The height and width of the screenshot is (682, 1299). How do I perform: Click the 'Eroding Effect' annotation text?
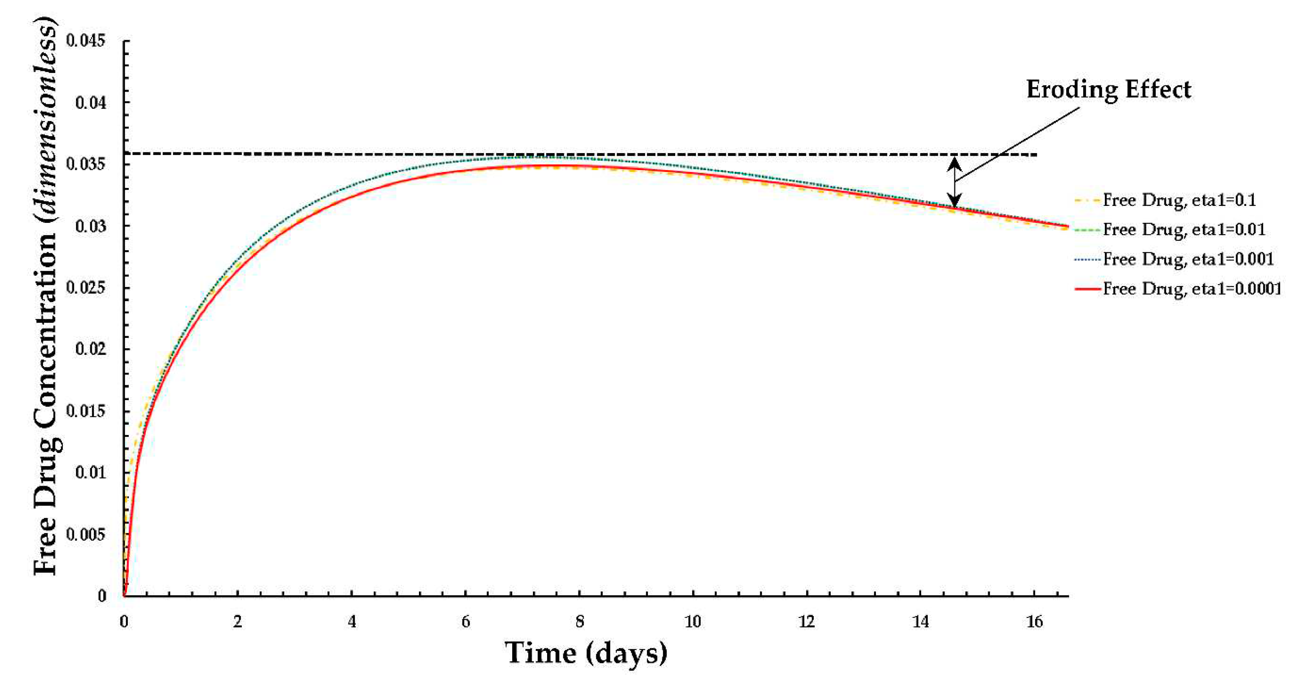tap(1108, 90)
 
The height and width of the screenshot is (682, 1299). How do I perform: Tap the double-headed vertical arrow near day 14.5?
tap(954, 182)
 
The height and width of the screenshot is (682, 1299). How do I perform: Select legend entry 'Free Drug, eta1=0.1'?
tap(1179, 200)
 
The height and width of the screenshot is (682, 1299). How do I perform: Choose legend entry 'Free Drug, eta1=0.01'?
tap(1184, 229)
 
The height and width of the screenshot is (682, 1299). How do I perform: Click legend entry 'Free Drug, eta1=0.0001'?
tap(1192, 288)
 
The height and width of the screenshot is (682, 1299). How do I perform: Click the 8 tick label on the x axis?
tap(580, 622)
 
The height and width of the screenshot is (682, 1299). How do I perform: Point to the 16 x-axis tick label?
tap(1034, 622)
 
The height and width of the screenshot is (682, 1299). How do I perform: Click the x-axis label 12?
tap(806, 622)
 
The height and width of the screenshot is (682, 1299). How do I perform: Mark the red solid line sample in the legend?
tap(1087, 288)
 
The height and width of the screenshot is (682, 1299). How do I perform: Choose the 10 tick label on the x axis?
tap(693, 622)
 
